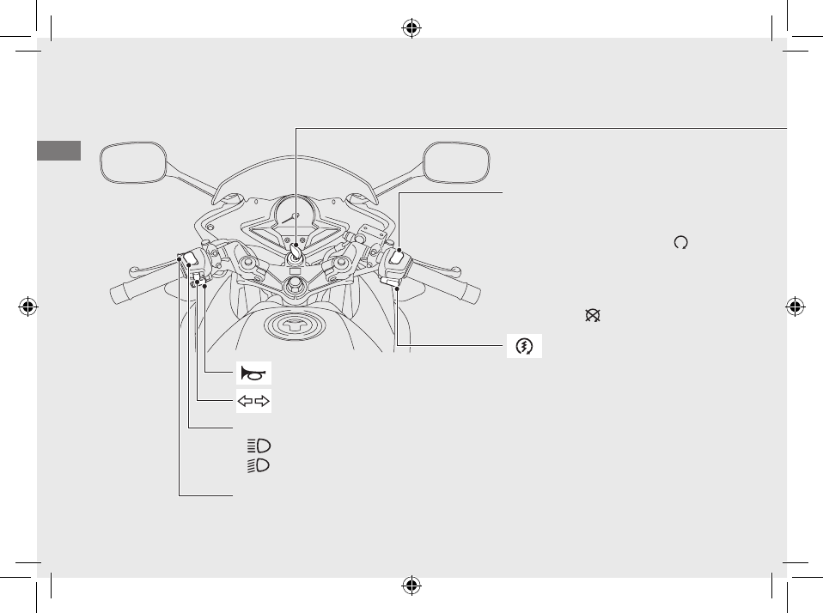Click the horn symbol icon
point(253,373)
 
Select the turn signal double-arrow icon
point(253,399)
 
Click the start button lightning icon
point(524,346)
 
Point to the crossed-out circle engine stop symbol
point(592,316)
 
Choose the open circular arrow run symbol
point(681,243)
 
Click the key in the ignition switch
point(295,252)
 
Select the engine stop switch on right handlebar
point(399,256)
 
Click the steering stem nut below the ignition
point(294,287)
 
